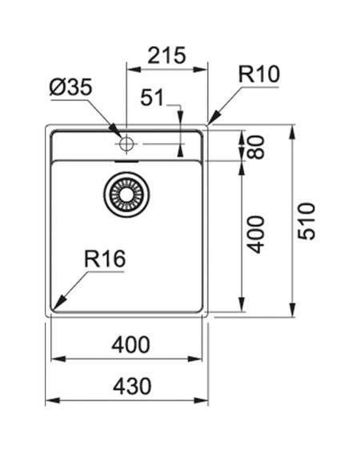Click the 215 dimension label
(166, 55)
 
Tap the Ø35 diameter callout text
(71, 86)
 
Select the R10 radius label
(259, 74)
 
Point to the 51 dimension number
(152, 98)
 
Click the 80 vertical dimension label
(256, 147)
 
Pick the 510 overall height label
(306, 221)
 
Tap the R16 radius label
(105, 259)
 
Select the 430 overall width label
(132, 386)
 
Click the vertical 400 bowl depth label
(256, 235)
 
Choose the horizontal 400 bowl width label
(131, 344)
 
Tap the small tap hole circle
(126, 143)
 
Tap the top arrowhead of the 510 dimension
(292, 132)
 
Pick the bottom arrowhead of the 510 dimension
(292, 310)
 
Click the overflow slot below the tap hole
(126, 161)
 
